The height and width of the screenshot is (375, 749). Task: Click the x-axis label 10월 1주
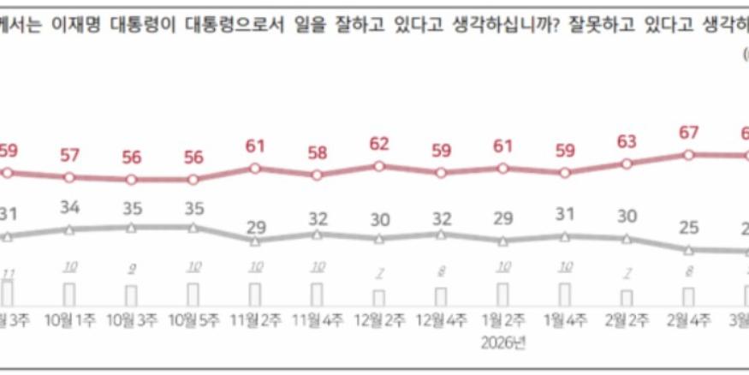tap(69, 320)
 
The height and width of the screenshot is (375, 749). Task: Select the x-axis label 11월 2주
tap(255, 320)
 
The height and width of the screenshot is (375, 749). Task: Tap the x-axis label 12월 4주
tap(442, 320)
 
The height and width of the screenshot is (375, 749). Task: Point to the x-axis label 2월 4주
tap(689, 320)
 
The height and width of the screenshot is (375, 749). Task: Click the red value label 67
tap(689, 133)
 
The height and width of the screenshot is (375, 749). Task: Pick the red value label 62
tap(379, 144)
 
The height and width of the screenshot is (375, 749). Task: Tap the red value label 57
tap(69, 155)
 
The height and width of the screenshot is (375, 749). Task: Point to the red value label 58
tap(317, 152)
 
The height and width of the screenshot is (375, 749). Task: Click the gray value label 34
tap(69, 208)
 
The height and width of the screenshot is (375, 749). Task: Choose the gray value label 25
tap(689, 228)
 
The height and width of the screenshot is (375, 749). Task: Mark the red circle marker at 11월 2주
tap(255, 168)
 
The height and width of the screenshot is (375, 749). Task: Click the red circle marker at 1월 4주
tap(566, 173)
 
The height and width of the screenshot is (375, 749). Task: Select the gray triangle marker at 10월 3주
tap(131, 228)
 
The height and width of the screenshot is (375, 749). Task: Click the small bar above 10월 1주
tap(69, 295)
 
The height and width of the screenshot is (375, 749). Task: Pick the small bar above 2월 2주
tap(627, 298)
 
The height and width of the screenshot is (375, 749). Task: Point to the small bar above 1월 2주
tap(503, 295)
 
